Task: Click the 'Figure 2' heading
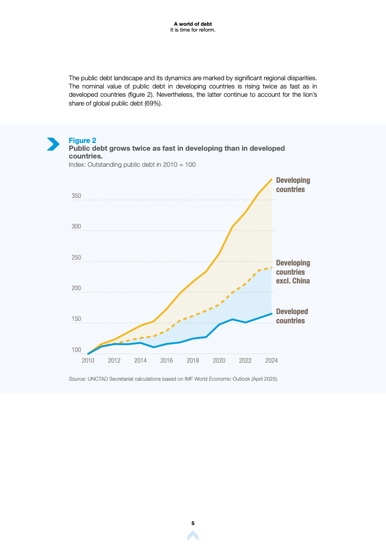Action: coord(82,141)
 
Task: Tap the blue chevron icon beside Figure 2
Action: coord(53,144)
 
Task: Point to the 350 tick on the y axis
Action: coord(76,196)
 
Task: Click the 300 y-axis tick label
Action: coord(76,227)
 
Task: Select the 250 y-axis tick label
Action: coord(76,258)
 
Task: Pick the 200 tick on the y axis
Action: coord(76,289)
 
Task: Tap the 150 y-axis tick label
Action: coord(76,319)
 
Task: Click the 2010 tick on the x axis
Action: coord(88,361)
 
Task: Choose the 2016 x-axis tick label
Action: coord(166,361)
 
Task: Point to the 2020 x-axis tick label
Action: coord(219,361)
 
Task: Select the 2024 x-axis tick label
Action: coord(271,361)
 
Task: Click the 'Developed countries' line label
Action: coord(292,316)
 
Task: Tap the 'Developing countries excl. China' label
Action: coord(293,272)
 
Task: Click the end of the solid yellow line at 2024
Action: coord(272,179)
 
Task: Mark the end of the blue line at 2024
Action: coord(272,314)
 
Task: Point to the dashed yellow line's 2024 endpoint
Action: coord(272,267)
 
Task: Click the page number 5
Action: coord(193,523)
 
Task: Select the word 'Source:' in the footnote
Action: coord(77,379)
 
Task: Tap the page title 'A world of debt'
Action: coord(193,24)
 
